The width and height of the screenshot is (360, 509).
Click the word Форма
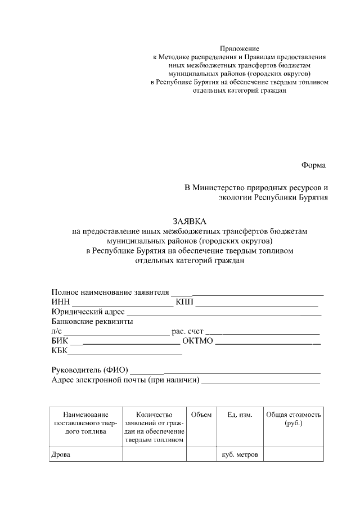tap(313, 165)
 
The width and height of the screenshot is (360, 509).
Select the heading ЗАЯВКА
tap(190, 220)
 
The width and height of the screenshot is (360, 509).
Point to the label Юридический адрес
tap(88, 312)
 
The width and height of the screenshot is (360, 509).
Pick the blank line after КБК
tap(125, 353)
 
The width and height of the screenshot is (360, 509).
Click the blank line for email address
tap(260, 382)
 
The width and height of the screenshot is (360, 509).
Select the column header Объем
tap(201, 415)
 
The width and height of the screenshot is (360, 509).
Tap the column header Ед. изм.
tap(240, 415)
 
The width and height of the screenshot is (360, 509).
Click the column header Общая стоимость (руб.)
tap(294, 419)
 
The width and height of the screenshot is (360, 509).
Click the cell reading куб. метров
tap(240, 454)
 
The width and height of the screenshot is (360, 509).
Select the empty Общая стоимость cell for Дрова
tap(294, 454)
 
